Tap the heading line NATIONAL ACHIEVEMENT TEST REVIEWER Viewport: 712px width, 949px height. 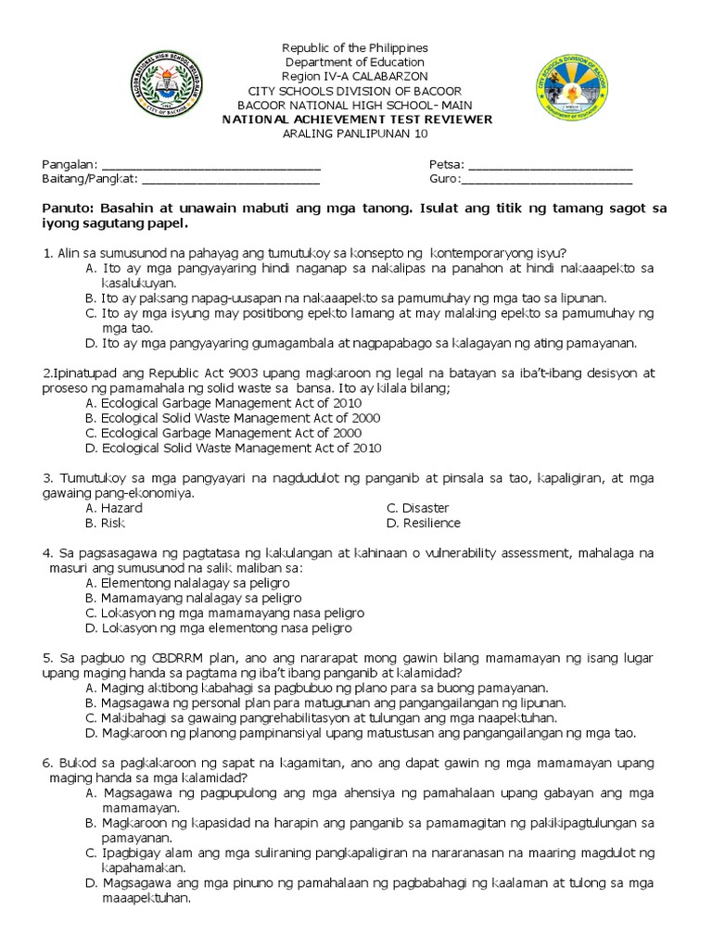click(x=356, y=120)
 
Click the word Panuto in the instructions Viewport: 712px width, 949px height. click(x=68, y=209)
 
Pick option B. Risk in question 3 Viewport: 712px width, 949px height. click(x=105, y=523)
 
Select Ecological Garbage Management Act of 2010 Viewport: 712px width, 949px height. click(x=222, y=403)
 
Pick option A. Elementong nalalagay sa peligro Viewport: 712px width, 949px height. click(x=186, y=583)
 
